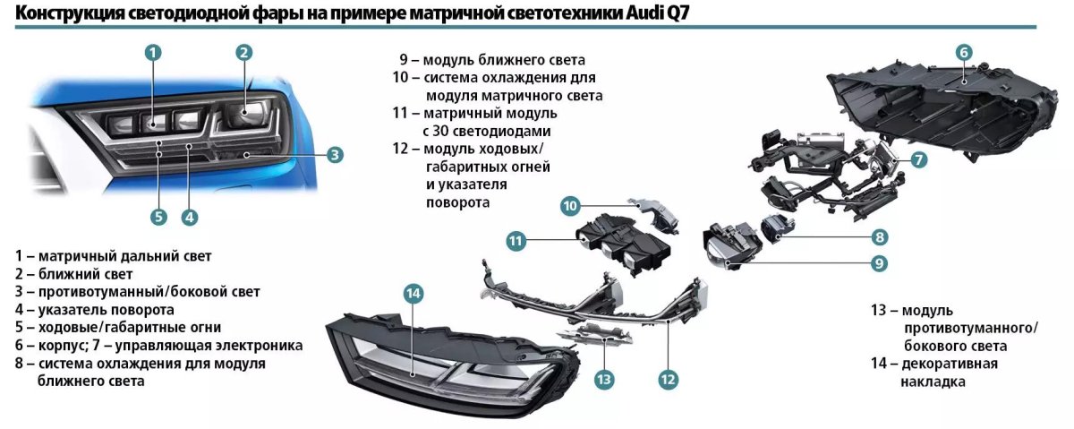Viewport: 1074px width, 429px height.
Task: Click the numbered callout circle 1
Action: [153, 52]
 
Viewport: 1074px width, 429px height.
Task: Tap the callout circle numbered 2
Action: [243, 52]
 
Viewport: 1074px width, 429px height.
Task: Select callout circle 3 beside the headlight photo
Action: [335, 155]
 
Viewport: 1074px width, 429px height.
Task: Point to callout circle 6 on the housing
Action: [964, 52]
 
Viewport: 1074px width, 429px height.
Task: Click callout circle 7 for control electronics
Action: [919, 160]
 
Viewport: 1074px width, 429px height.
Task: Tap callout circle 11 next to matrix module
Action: [515, 240]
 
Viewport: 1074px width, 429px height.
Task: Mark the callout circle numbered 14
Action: [413, 293]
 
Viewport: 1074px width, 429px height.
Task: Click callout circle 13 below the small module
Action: [604, 379]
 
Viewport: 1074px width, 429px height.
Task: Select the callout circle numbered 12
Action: [667, 379]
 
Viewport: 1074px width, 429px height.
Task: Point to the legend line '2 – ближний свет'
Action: [73, 274]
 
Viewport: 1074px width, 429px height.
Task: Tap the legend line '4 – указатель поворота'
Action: [94, 310]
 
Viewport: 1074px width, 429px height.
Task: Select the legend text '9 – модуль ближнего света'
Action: [492, 60]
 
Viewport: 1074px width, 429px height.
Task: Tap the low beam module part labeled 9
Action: [729, 246]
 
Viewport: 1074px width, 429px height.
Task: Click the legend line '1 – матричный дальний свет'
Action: [113, 256]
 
